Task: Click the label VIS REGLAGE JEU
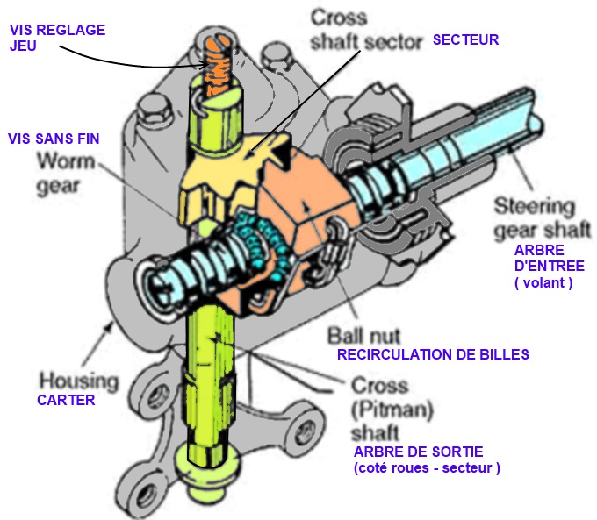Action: click(x=57, y=38)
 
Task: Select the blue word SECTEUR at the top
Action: click(x=465, y=39)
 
